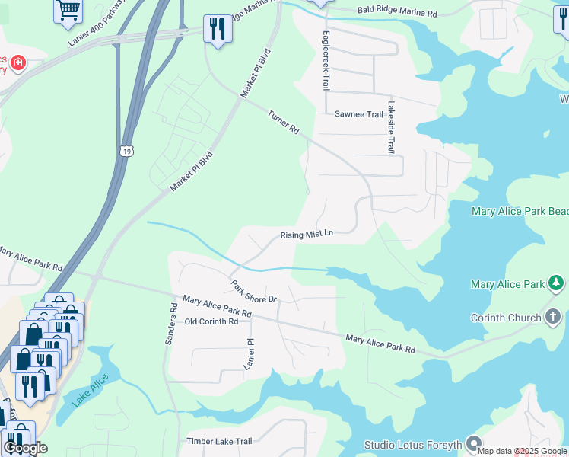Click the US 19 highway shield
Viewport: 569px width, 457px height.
[x=122, y=150]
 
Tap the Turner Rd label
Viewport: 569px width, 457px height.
[x=283, y=122]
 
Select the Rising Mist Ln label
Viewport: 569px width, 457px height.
[x=307, y=235]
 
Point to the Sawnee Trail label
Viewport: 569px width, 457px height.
[x=359, y=114]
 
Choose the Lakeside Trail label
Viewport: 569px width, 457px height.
[x=390, y=127]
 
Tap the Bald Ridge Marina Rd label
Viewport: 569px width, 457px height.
[x=398, y=13]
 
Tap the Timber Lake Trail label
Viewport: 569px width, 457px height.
[x=219, y=441]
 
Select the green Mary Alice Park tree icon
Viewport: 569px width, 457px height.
[x=557, y=284]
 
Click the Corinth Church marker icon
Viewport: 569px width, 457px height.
[x=553, y=316]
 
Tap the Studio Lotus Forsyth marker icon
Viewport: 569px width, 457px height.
[x=474, y=443]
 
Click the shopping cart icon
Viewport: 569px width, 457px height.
[x=68, y=9]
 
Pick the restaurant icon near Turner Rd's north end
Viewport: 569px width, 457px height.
[x=218, y=29]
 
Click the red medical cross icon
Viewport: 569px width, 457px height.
[x=17, y=63]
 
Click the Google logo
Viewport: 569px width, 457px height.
[x=25, y=448]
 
